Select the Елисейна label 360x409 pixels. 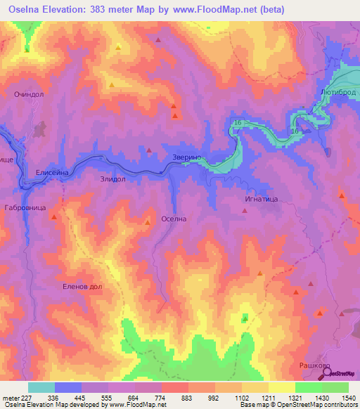(x=51, y=171)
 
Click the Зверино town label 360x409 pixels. (x=187, y=158)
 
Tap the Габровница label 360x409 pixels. (x=25, y=208)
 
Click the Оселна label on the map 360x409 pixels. (x=174, y=219)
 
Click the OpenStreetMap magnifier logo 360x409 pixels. (x=326, y=372)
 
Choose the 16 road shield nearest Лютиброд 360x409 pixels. (x=295, y=131)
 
